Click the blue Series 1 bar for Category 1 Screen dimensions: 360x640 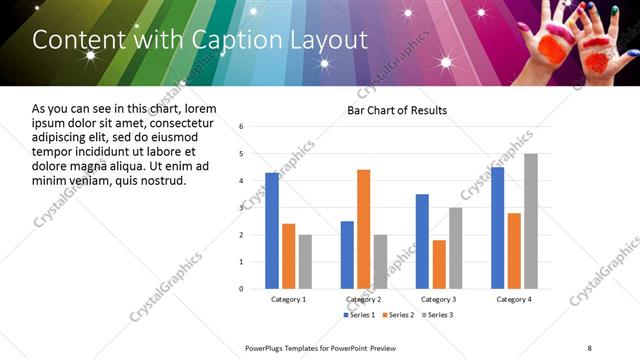(x=272, y=230)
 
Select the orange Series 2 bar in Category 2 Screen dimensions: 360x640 (x=363, y=229)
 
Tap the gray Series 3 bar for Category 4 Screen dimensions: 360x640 (x=531, y=221)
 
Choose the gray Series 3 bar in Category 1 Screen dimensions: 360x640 (x=305, y=261)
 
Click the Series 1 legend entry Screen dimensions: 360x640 (x=359, y=315)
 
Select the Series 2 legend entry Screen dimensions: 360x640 (x=398, y=315)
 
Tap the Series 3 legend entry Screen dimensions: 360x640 (x=437, y=315)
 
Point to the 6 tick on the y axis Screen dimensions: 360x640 (x=242, y=127)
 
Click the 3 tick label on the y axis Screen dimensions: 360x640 (x=242, y=208)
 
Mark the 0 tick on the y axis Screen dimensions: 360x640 (x=242, y=289)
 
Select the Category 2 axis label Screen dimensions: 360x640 (x=363, y=299)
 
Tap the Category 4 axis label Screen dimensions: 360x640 (x=514, y=299)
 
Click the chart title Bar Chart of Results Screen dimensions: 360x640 (x=397, y=110)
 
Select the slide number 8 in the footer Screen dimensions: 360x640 (x=589, y=347)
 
